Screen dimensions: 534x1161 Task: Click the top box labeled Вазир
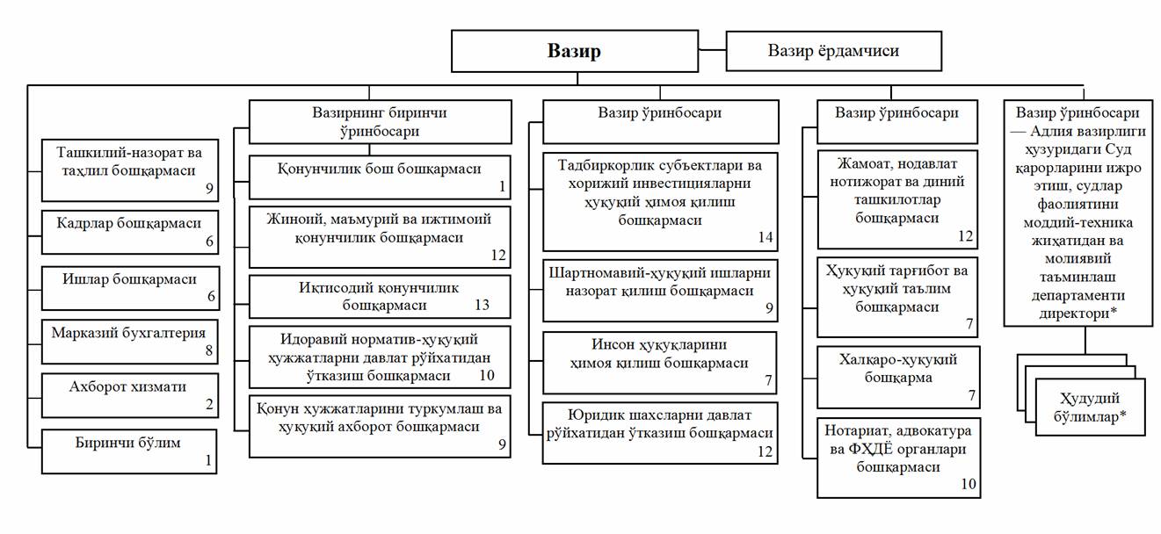pos(577,51)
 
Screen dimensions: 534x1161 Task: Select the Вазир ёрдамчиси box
pos(833,51)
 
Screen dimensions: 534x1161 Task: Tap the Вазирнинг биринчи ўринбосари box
pos(380,121)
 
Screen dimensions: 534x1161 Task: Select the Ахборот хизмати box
pos(131,393)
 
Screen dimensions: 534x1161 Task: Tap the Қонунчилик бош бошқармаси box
pos(380,177)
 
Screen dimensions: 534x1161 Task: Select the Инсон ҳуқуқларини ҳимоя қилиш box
pos(660,362)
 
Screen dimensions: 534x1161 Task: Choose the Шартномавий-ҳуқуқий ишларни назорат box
pos(660,290)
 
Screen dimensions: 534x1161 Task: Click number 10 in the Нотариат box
pos(968,484)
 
